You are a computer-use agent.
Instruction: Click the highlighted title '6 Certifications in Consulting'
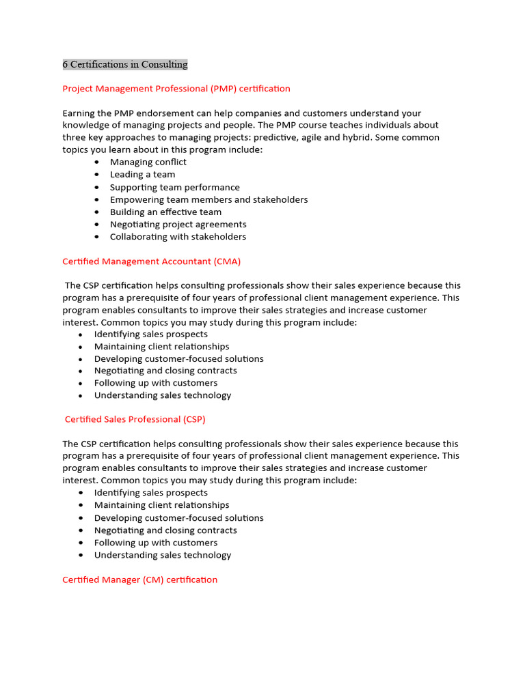click(125, 65)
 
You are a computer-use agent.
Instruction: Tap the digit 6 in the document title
click(66, 65)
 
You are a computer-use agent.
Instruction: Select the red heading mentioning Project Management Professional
click(176, 89)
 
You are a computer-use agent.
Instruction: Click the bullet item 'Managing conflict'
click(148, 162)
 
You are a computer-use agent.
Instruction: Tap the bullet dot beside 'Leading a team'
click(96, 175)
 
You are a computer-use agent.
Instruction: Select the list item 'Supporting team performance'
click(174, 187)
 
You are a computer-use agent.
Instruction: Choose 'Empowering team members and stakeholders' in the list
click(208, 200)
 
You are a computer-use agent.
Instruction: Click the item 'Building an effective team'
click(165, 212)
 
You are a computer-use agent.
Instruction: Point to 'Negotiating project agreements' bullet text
click(178, 225)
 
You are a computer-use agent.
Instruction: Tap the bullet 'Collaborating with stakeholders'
click(178, 237)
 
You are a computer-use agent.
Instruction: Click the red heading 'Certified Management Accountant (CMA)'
click(151, 261)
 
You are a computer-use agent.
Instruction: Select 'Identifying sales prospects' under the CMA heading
click(150, 334)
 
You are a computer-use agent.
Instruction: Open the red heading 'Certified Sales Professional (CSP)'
click(135, 419)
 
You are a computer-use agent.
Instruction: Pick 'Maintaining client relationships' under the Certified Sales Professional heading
click(161, 505)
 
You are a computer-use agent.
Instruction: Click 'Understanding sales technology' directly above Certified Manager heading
click(162, 555)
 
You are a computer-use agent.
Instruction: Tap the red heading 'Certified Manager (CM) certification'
click(139, 580)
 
